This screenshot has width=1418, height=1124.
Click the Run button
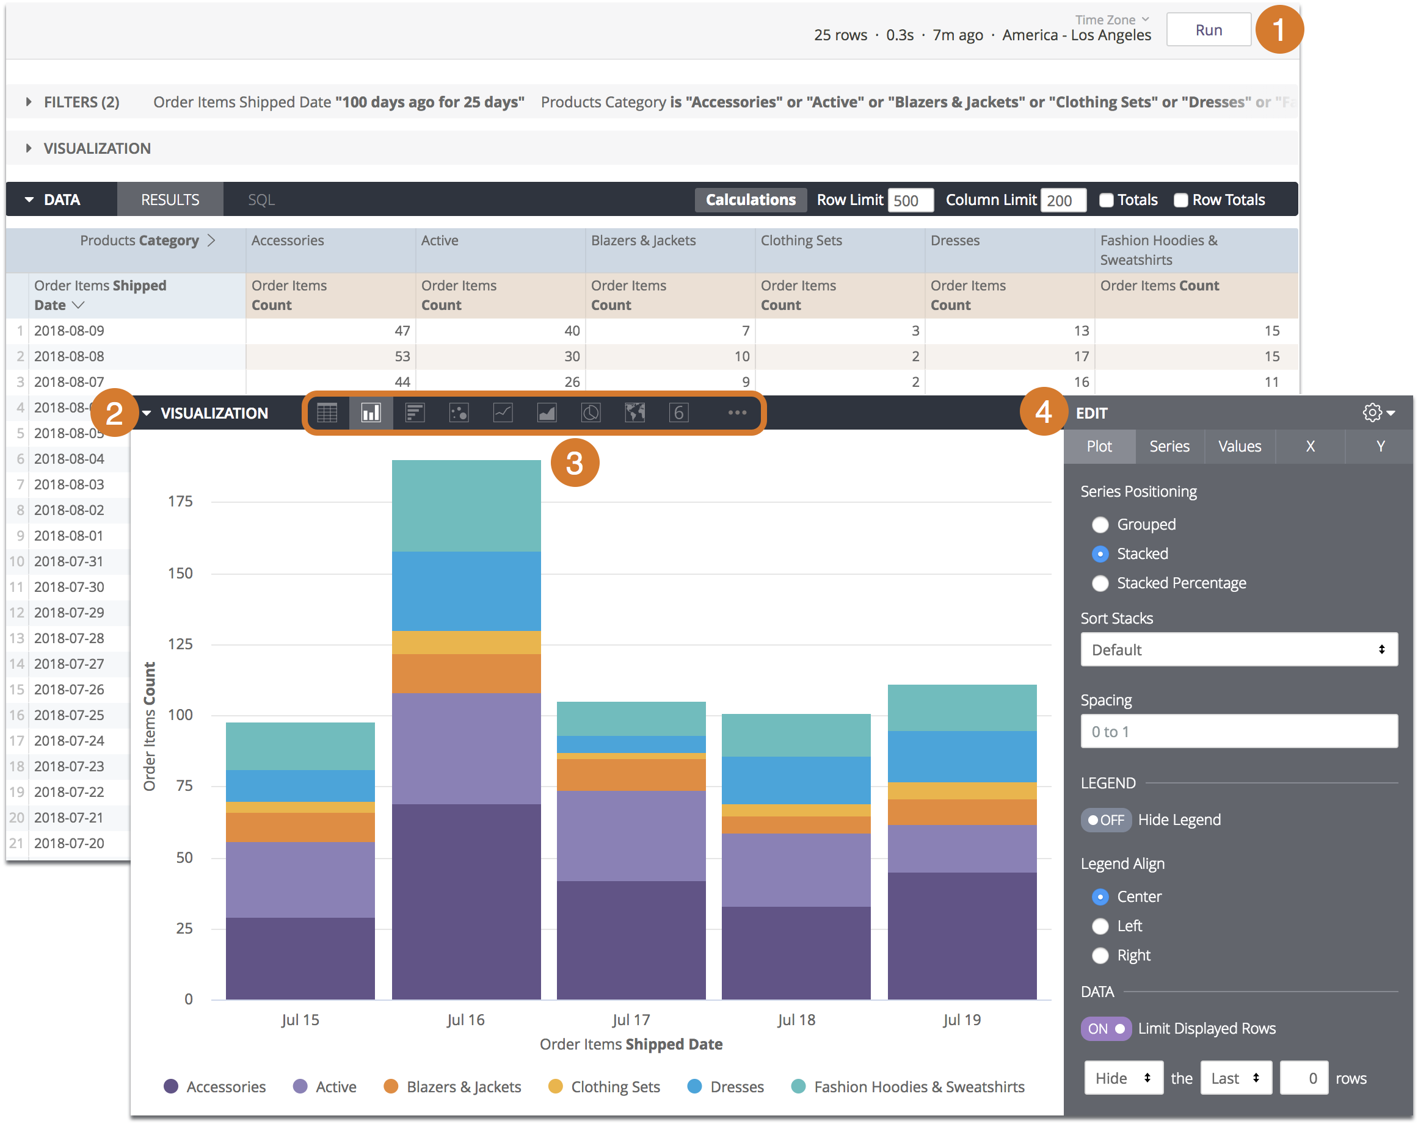[x=1208, y=31]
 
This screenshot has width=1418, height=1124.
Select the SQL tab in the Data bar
[x=261, y=200]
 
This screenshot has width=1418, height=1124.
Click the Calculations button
[x=750, y=200]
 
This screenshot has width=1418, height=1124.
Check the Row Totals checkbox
[x=1180, y=201]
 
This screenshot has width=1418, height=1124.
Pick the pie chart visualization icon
[x=591, y=412]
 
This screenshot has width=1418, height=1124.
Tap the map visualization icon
[x=634, y=412]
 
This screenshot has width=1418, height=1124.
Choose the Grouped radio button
[x=1100, y=525]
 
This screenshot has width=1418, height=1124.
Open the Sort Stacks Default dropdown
[x=1238, y=649]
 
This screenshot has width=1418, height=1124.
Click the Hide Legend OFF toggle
[x=1105, y=820]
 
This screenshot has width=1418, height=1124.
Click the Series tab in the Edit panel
[x=1169, y=446]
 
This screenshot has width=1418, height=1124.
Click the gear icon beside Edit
[x=1372, y=412]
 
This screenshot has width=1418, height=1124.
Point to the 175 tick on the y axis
[x=180, y=502]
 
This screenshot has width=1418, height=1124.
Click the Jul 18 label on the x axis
[x=796, y=1020]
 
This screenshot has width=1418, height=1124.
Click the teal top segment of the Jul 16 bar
[x=467, y=506]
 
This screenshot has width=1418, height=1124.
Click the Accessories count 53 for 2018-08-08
[x=402, y=356]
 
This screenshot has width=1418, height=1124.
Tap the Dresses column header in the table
[x=955, y=240]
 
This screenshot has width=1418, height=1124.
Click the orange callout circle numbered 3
[x=575, y=463]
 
